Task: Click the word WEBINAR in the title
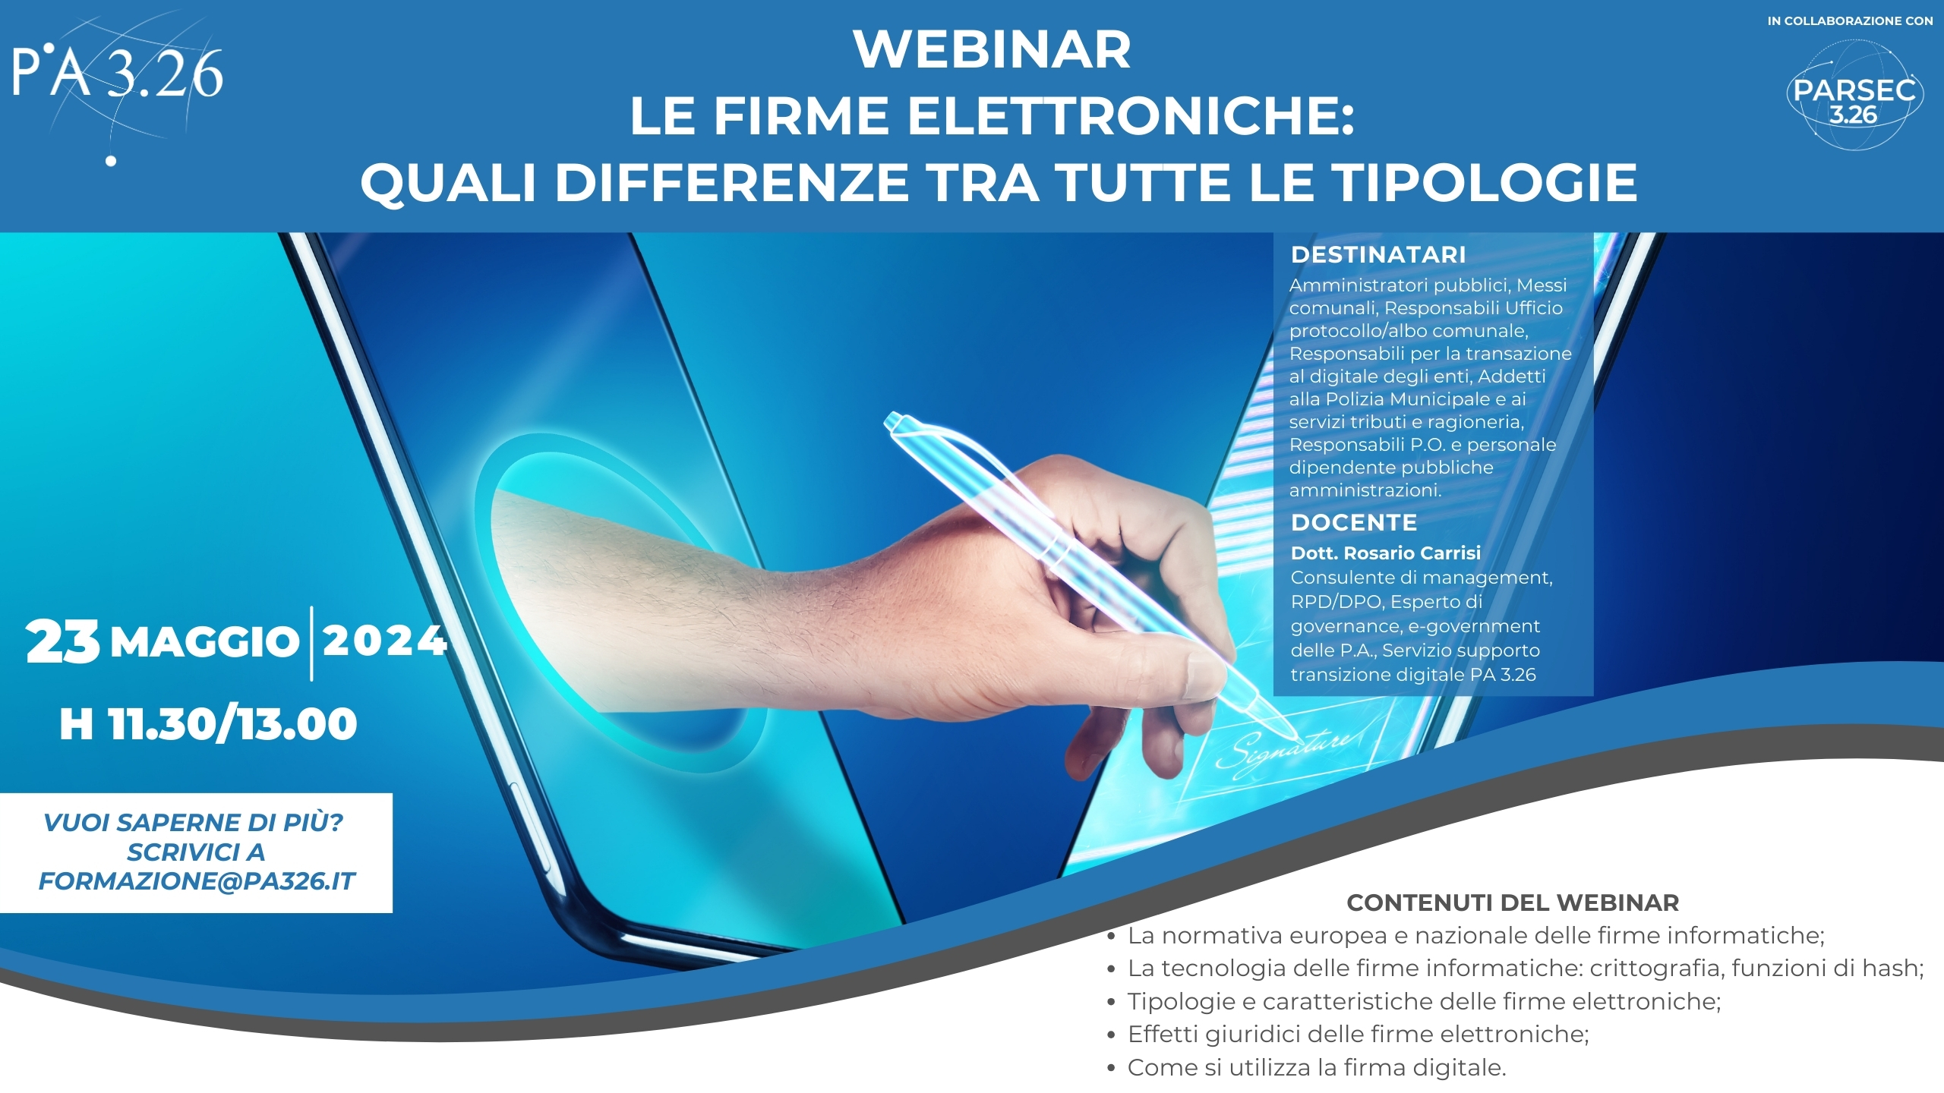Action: click(x=992, y=49)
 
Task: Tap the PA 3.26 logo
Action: click(x=118, y=83)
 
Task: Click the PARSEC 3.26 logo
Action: click(x=1854, y=96)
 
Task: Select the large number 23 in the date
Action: click(x=62, y=641)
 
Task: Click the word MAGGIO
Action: click(x=205, y=642)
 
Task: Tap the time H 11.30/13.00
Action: click(x=208, y=723)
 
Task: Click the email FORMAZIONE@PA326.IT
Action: click(x=197, y=881)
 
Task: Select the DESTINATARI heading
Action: click(x=1378, y=254)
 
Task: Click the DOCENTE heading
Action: click(x=1354, y=522)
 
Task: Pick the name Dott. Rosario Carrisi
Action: click(x=1386, y=553)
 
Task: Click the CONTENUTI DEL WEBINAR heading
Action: click(x=1513, y=902)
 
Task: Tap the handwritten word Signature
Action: click(x=1283, y=751)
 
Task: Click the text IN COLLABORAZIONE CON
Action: click(x=1850, y=21)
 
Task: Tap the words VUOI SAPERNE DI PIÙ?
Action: click(x=194, y=822)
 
